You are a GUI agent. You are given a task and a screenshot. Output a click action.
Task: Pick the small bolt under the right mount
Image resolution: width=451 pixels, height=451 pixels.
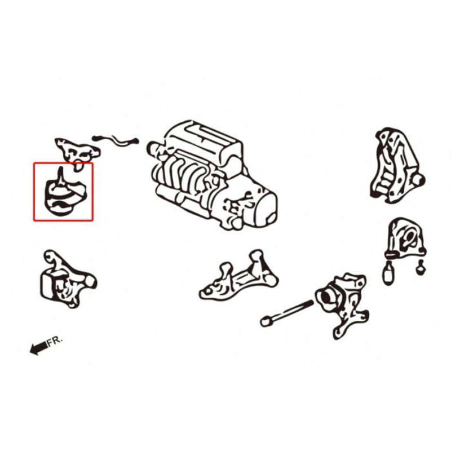[421, 269]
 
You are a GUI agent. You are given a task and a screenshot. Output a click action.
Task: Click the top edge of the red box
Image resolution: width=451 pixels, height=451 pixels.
[63, 163]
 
